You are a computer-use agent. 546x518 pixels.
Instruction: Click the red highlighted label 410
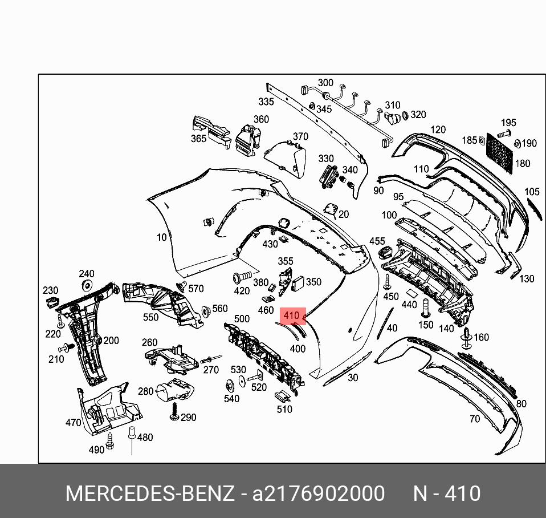(x=291, y=315)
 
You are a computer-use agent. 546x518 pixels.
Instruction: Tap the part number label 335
(x=266, y=102)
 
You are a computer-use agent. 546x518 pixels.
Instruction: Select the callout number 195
(x=508, y=123)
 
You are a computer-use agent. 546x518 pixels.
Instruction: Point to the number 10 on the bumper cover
(x=162, y=237)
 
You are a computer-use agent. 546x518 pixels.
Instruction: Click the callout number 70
(x=474, y=419)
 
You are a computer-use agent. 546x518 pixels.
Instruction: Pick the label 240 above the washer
(x=87, y=274)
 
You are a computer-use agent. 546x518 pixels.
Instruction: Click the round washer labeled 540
(x=228, y=384)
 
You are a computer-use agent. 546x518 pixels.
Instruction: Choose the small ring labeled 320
(x=405, y=116)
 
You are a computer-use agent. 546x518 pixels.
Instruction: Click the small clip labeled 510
(x=282, y=396)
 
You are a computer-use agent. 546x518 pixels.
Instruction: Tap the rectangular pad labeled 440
(x=410, y=292)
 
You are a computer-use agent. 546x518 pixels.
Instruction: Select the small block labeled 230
(x=52, y=302)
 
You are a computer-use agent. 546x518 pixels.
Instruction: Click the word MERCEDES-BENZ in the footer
(x=150, y=493)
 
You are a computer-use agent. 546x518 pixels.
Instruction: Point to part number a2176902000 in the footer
(x=319, y=493)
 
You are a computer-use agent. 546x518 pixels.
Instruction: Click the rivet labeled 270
(x=207, y=361)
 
